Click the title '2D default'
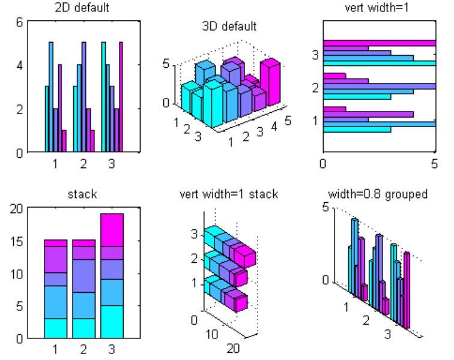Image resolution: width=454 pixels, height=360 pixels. [82, 9]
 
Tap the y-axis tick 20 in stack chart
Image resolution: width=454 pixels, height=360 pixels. [17, 208]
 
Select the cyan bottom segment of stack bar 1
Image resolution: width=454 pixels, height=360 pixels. [55, 328]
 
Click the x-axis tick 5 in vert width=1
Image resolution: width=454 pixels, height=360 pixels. [434, 163]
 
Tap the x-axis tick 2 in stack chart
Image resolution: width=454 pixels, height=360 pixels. [83, 348]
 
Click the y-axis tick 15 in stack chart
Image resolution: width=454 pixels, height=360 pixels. [17, 241]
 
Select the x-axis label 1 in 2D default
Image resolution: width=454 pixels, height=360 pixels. [55, 163]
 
